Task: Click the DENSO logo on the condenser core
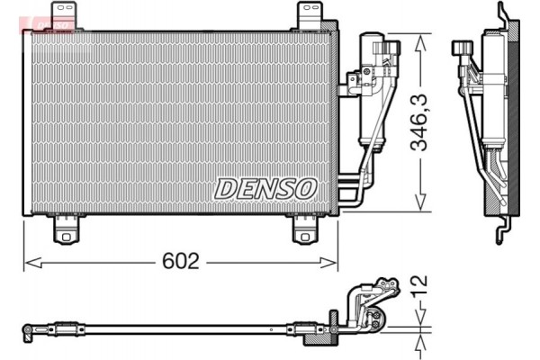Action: [265, 188]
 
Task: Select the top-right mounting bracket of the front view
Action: [309, 15]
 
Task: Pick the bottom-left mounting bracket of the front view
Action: [65, 229]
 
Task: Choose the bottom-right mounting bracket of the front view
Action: [305, 229]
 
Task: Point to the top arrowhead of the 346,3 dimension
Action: [418, 40]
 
